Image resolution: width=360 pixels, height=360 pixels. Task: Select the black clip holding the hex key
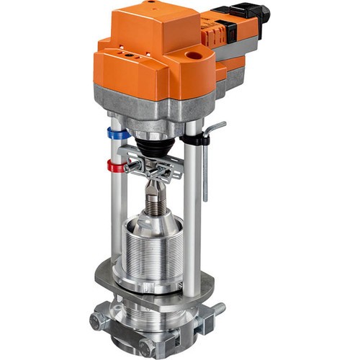pos(194,138)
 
